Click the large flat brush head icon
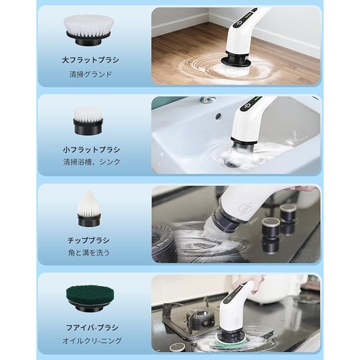coord(89,30)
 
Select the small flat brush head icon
coord(88,121)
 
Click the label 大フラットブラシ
coord(90,60)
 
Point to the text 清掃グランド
coord(90,74)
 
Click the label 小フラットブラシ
coord(91,150)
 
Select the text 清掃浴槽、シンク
coord(92,162)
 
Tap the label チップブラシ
coord(89,240)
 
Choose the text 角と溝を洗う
coord(89,252)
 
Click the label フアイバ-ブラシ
coord(92,328)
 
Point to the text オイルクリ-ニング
coord(92,341)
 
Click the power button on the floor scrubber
coord(240,23)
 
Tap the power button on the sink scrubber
coord(247,106)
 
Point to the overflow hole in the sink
coord(218,116)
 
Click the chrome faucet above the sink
coord(208,99)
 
